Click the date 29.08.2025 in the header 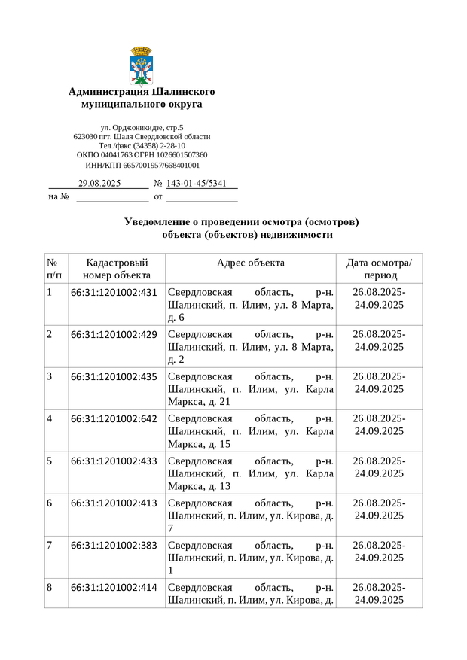99,184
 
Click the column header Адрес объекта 250,263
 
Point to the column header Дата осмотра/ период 379,269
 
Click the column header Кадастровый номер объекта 117,269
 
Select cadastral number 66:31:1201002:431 114,293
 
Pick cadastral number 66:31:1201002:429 114,335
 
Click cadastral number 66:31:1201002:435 114,377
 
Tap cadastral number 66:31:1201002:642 114,419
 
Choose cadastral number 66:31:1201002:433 114,461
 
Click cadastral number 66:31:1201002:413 114,503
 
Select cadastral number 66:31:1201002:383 114,546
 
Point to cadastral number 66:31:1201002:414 114,588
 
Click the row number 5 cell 50,461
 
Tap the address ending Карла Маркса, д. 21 250,389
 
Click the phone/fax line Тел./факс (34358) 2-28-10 142,146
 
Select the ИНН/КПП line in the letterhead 142,165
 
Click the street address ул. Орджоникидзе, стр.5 142,128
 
